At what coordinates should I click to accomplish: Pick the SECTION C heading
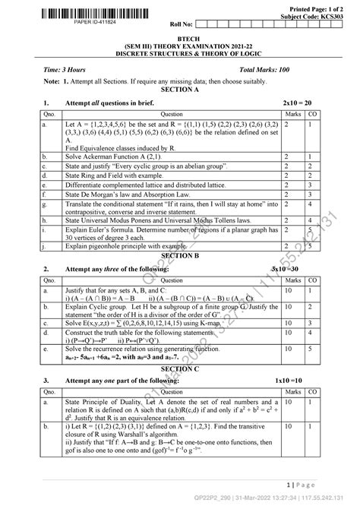tap(179, 388)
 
